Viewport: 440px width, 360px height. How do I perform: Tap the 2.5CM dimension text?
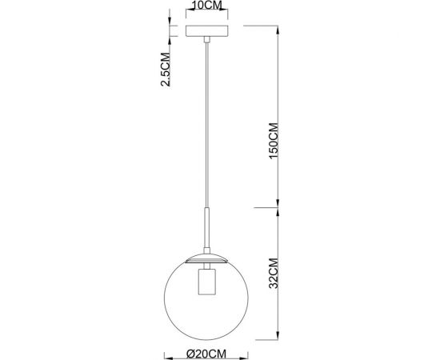coord(166,70)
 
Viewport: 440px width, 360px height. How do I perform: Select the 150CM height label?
coord(272,142)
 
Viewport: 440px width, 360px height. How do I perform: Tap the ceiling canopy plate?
coord(207,31)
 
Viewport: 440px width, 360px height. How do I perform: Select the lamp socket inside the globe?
coord(207,285)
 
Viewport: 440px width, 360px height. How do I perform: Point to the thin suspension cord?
coord(207,120)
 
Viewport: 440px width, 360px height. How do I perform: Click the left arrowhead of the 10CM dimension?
coord(186,14)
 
